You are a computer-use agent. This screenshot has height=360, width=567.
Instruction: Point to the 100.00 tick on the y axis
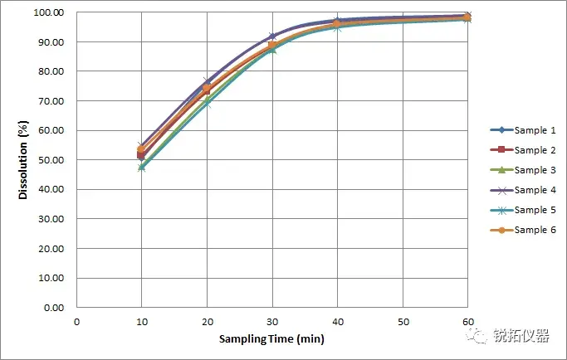pyautogui.click(x=51, y=12)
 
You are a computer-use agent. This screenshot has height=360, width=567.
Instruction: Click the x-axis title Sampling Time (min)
pyautogui.click(x=271, y=339)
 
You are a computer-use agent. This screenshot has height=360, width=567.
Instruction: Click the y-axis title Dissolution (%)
pyautogui.click(x=24, y=160)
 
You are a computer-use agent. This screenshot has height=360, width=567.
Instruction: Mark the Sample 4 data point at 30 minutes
pyautogui.click(x=272, y=36)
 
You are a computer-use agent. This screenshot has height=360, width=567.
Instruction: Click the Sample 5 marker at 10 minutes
pyautogui.click(x=142, y=167)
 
